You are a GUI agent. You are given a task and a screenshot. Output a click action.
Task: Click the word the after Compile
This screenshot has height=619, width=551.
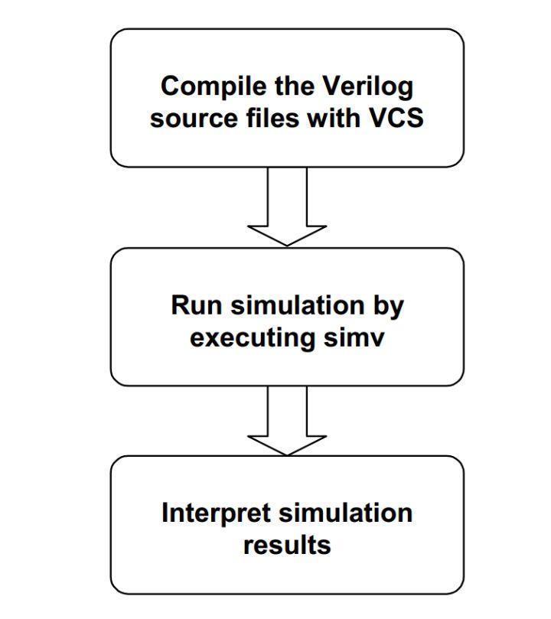point(288,86)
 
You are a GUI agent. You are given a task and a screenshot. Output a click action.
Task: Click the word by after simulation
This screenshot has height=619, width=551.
point(389,305)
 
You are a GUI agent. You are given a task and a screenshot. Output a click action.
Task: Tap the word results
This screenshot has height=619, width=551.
point(287,545)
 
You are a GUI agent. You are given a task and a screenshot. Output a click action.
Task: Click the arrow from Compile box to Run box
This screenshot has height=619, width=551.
point(287,203)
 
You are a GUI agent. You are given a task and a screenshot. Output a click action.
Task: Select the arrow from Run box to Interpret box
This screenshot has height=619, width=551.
point(287,417)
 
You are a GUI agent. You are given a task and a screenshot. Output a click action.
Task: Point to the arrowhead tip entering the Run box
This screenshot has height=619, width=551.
point(287,245)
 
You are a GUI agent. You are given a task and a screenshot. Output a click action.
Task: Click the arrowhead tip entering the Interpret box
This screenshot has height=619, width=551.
point(287,454)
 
